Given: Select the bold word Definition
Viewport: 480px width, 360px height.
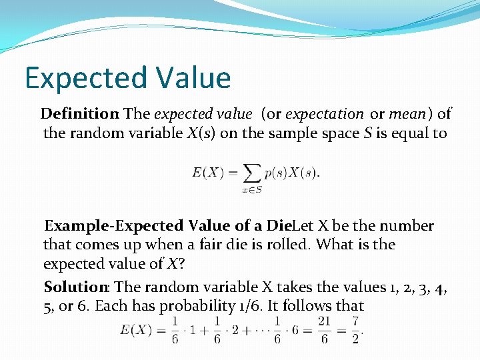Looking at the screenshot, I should click(79, 115).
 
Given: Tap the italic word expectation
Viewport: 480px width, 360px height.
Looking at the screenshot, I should click(325, 115).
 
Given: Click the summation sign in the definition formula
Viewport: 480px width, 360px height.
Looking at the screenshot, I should click(252, 173).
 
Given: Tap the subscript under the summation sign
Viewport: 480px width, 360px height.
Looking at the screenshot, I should click(252, 190).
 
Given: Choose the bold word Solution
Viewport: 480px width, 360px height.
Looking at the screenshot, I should click(76, 287).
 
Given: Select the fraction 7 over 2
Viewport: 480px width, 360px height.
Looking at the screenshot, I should click(356, 331).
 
